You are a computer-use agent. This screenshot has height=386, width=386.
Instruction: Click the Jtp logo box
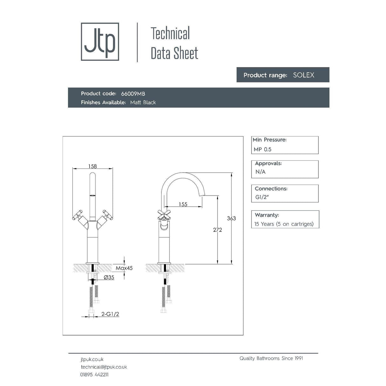pyautogui.click(x=100, y=42)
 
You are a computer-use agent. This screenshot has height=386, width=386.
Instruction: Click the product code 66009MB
pyautogui.click(x=133, y=94)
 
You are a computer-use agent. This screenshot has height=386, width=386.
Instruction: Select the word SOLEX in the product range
pyautogui.click(x=303, y=75)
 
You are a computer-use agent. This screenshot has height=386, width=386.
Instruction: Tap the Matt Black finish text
pyautogui.click(x=143, y=102)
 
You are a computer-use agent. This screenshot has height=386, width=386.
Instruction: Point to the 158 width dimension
pyautogui.click(x=93, y=166)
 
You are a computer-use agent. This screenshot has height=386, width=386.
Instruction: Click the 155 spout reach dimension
pyautogui.click(x=183, y=204)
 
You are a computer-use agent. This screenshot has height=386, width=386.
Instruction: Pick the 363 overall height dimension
pyautogui.click(x=231, y=218)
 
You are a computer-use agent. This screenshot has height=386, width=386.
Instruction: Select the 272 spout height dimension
pyautogui.click(x=217, y=230)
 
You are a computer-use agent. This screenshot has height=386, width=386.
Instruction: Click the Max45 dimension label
pyautogui.click(x=124, y=268)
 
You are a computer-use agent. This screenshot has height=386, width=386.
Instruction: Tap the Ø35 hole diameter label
pyautogui.click(x=109, y=278)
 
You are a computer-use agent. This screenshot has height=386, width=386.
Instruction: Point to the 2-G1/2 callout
pyautogui.click(x=110, y=314)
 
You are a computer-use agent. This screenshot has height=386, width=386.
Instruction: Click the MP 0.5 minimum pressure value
pyautogui.click(x=262, y=149)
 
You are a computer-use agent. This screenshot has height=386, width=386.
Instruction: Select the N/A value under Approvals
pyautogui.click(x=260, y=172)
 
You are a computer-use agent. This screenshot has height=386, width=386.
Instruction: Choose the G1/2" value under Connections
pyautogui.click(x=262, y=197)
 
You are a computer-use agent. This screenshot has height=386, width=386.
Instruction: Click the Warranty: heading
pyautogui.click(x=267, y=215)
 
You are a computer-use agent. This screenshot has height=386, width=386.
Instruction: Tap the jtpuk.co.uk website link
pyautogui.click(x=92, y=359)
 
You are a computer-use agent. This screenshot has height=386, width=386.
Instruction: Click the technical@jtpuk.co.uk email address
pyautogui.click(x=104, y=367)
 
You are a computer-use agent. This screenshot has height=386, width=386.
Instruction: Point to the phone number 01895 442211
pyautogui.click(x=94, y=375)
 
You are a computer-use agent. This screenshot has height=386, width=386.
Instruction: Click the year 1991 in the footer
pyautogui.click(x=299, y=358)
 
